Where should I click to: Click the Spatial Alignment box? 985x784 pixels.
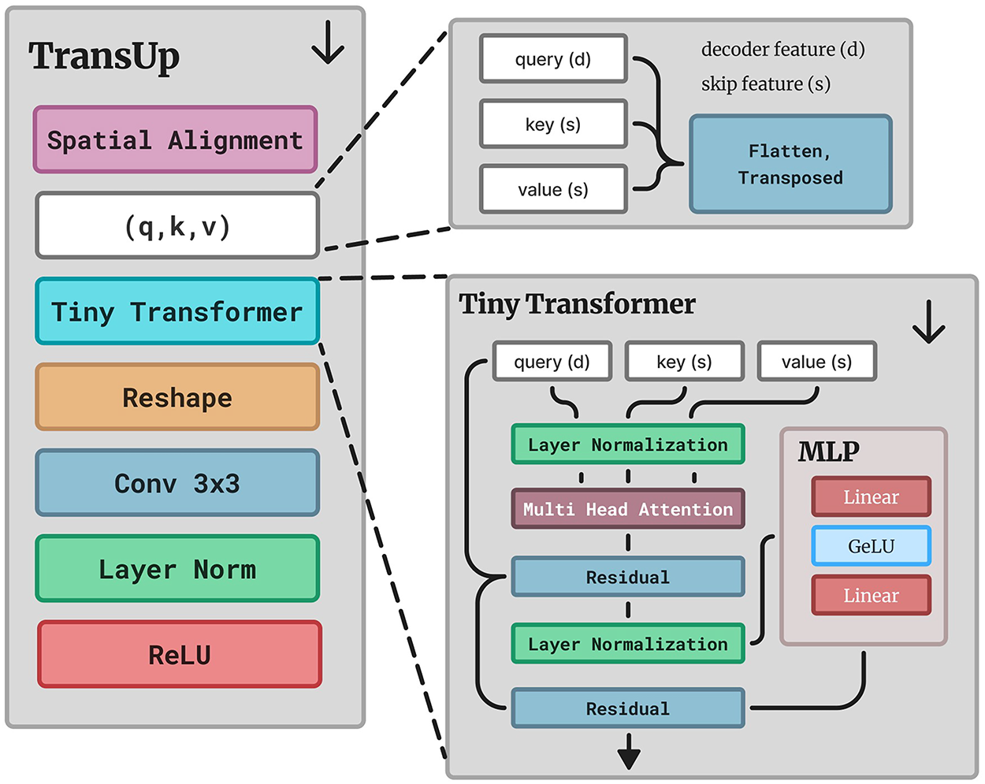(175, 139)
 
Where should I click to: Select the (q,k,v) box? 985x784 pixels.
(177, 225)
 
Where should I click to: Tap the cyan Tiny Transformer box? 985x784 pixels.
(177, 311)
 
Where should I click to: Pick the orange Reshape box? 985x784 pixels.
(177, 397)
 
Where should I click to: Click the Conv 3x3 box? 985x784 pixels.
(177, 483)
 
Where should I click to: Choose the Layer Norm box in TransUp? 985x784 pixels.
(177, 568)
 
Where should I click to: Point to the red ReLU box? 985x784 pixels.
(180, 655)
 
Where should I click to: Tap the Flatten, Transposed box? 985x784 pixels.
(790, 164)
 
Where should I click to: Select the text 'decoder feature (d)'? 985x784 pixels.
(782, 50)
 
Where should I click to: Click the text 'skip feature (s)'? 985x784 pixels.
(766, 84)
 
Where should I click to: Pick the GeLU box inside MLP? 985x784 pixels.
(871, 546)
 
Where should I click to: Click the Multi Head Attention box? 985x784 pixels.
(628, 509)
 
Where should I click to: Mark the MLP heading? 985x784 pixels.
(828, 451)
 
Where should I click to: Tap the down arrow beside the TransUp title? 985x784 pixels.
(328, 42)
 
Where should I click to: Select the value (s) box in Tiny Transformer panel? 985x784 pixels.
(817, 362)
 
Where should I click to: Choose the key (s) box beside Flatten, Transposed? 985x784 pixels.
(553, 124)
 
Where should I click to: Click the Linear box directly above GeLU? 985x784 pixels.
(871, 496)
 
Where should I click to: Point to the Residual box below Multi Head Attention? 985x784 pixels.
(628, 577)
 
